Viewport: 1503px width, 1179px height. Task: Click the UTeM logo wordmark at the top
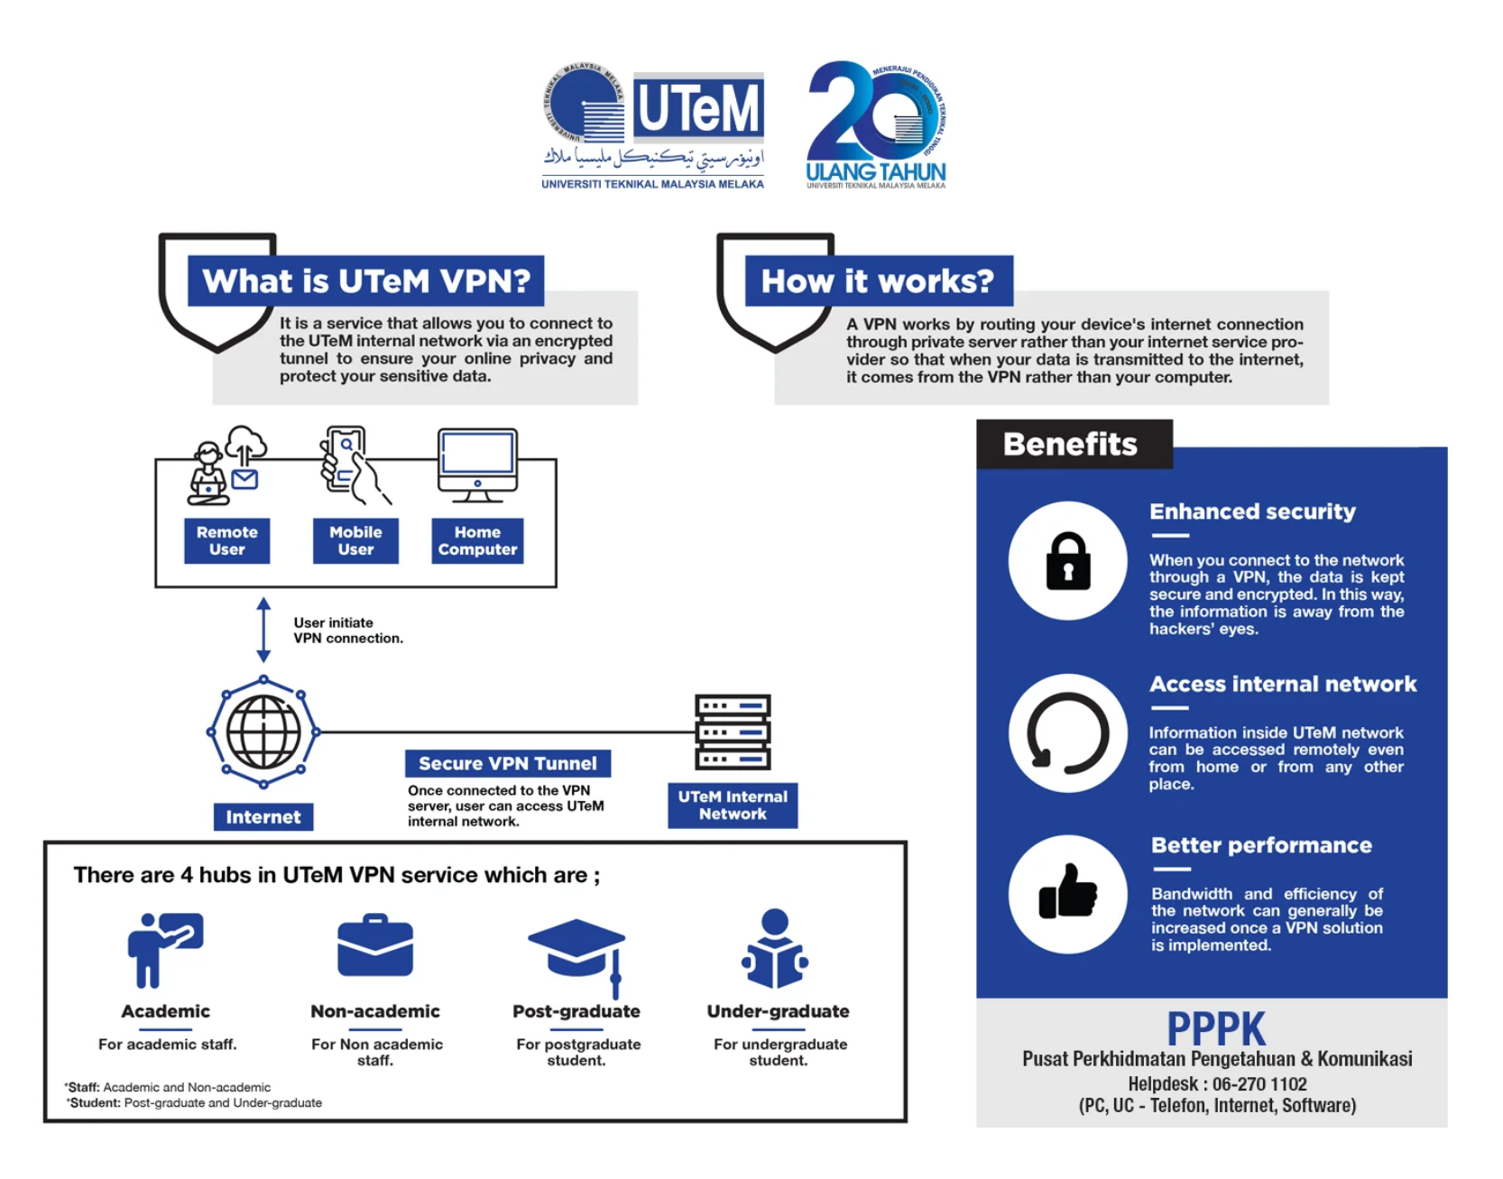coord(697,107)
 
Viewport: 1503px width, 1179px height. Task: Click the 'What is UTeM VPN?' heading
coord(365,281)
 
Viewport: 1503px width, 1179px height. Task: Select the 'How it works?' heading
coord(878,281)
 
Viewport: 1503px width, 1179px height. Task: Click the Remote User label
coord(226,540)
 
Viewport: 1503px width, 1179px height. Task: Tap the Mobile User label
coord(355,540)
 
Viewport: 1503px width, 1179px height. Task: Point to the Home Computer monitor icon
coord(477,463)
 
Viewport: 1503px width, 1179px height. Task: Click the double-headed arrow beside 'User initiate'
coord(263,630)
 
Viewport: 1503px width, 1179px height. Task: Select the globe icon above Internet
coord(263,732)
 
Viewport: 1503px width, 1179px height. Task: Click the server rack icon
coord(733,732)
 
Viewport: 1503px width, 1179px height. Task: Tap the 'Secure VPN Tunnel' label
coord(507,763)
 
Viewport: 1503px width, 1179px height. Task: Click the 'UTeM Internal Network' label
coord(733,805)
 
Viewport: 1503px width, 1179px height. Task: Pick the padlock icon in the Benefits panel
coord(1067,560)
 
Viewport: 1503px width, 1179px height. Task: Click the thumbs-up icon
coord(1067,893)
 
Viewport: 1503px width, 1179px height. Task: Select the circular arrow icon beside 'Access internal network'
coord(1067,732)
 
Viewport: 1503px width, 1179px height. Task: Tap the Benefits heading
coord(1071,444)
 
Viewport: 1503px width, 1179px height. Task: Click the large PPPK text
coord(1216,1028)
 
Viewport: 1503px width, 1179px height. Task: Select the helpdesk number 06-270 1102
coord(1259,1083)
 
